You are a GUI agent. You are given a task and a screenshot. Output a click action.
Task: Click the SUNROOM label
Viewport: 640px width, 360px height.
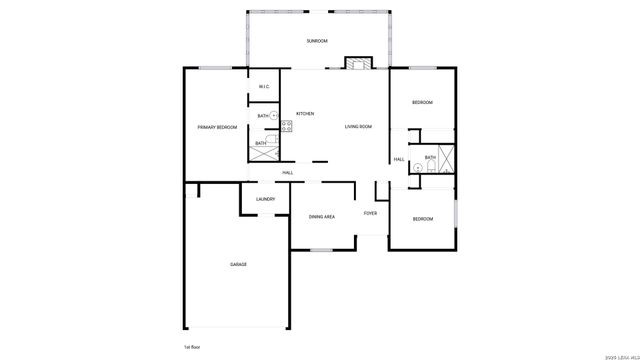tap(317, 41)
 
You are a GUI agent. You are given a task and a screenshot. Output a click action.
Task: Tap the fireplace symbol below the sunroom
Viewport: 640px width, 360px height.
tap(357, 64)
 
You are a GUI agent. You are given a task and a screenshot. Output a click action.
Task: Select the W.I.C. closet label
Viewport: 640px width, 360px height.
tap(264, 87)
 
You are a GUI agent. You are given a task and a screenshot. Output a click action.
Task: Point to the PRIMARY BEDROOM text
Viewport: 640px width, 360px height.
tap(217, 128)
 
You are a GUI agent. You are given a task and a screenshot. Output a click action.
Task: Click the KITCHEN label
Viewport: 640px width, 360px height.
tap(305, 114)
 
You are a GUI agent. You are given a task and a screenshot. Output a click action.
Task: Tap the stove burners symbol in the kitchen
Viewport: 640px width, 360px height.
tap(286, 126)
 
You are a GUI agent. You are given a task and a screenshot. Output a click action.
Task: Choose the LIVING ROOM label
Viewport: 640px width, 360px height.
tap(358, 127)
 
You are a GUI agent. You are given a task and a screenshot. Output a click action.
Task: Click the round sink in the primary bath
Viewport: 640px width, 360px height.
tap(274, 116)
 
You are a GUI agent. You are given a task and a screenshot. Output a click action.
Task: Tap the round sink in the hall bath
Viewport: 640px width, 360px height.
tap(417, 168)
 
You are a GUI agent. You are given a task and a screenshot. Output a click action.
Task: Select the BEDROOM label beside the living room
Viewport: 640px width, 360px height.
tap(423, 103)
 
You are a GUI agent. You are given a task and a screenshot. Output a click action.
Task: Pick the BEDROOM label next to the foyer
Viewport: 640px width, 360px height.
tap(423, 219)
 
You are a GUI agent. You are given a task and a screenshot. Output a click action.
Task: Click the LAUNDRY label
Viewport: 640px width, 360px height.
tap(265, 199)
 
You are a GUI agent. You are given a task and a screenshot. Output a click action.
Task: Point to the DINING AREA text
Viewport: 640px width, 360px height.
tap(321, 217)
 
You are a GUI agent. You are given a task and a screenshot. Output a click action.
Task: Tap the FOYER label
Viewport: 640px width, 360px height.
tap(370, 213)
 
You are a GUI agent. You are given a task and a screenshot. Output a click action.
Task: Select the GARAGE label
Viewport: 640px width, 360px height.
tap(238, 264)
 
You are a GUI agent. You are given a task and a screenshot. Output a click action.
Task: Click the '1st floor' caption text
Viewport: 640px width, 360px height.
tap(192, 345)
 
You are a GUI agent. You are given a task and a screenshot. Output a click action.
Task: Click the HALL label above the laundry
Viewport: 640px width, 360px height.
tap(287, 173)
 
